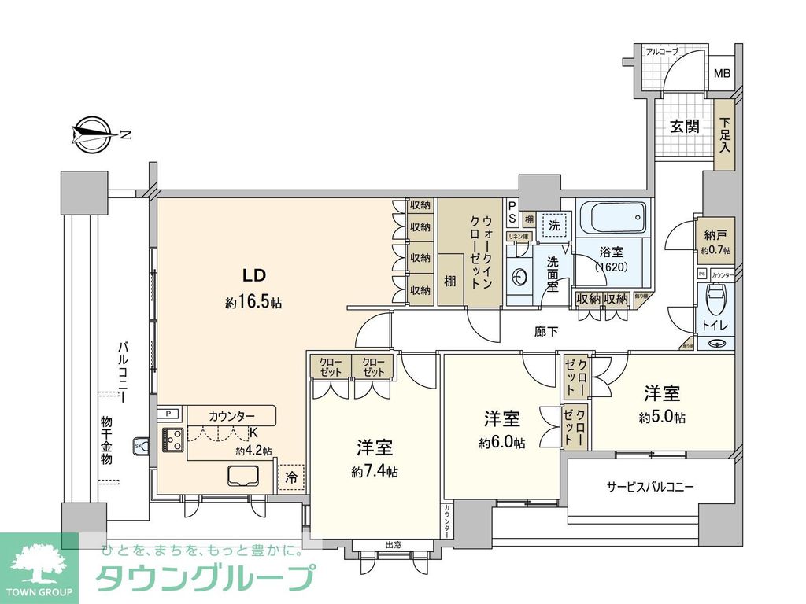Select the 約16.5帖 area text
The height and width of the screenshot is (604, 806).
pos(253,302)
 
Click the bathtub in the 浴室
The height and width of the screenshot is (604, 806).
pos(612,218)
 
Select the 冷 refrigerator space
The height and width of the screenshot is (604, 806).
pos(291,477)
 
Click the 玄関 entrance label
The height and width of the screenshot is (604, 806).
pos(684,126)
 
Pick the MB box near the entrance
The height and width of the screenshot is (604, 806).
pos(721,75)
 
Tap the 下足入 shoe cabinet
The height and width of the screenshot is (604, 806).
pos(725,135)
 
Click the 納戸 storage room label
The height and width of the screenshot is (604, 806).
pos(715,235)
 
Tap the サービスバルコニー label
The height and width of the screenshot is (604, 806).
pos(649,487)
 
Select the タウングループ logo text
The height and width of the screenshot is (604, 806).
pos(205,578)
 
